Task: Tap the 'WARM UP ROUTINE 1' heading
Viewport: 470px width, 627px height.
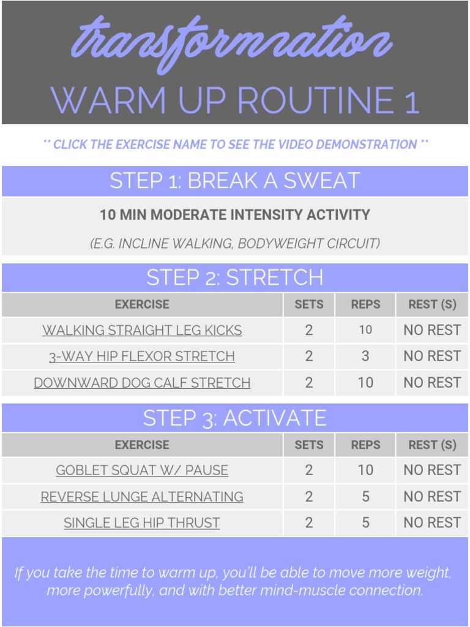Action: (x=235, y=100)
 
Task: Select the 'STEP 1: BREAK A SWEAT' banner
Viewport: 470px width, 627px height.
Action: (x=235, y=181)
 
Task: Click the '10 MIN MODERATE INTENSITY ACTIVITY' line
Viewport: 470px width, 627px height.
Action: (x=235, y=215)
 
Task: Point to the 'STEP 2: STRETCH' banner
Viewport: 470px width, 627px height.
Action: (x=235, y=277)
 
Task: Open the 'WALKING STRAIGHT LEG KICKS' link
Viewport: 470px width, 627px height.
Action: (x=142, y=330)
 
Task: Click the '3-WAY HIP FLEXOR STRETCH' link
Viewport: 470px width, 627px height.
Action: (x=142, y=356)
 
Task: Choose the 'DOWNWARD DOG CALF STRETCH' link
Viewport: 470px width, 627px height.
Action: (x=142, y=383)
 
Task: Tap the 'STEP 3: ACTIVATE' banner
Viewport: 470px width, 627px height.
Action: (x=235, y=418)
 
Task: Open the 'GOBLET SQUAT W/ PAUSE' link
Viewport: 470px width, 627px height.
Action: (x=142, y=470)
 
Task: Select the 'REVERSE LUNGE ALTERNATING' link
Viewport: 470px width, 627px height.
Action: (x=142, y=497)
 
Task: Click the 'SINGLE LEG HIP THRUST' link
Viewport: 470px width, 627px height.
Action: (x=142, y=523)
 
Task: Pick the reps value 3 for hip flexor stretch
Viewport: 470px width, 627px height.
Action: (x=365, y=356)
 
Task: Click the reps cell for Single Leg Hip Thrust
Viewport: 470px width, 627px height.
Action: (x=365, y=523)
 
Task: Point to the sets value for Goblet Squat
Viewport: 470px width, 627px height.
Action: (x=309, y=470)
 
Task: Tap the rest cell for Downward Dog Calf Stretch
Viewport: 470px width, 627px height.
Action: (x=432, y=383)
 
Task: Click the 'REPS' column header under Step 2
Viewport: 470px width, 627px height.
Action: (x=365, y=304)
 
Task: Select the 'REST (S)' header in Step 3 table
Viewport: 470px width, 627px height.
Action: (x=432, y=445)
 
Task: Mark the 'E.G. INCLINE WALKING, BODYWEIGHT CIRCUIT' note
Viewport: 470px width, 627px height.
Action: (x=235, y=244)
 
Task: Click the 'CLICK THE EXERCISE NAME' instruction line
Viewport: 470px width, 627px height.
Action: (x=235, y=145)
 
